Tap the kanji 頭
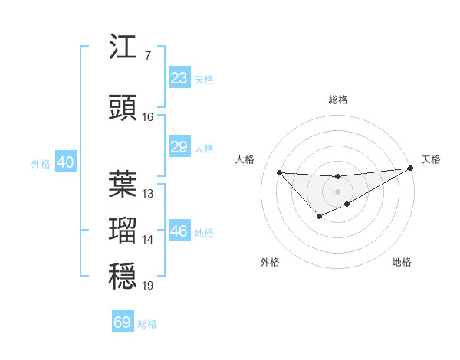pyautogui.click(x=123, y=109)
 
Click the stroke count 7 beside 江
pyautogui.click(x=148, y=56)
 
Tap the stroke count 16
pyautogui.click(x=148, y=117)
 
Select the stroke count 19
pyautogui.click(x=148, y=286)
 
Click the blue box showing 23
pyautogui.click(x=179, y=78)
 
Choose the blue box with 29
pyautogui.click(x=179, y=147)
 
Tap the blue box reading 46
pyautogui.click(x=179, y=231)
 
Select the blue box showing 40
pyautogui.click(x=65, y=162)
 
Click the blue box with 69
pyautogui.click(x=123, y=322)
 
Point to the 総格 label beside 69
pyautogui.click(x=147, y=324)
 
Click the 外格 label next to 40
pyautogui.click(x=41, y=163)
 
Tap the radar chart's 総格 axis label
pyautogui.click(x=337, y=100)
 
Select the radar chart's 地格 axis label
pyautogui.click(x=402, y=263)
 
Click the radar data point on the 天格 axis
pyautogui.click(x=411, y=168)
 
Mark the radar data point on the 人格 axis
pyautogui.click(x=279, y=172)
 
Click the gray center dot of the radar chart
pyautogui.click(x=337, y=191)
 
